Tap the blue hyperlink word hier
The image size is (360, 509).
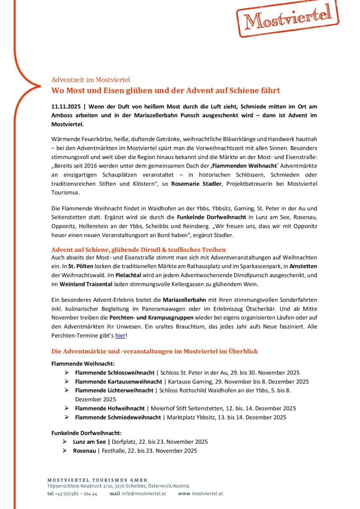coord(120,336)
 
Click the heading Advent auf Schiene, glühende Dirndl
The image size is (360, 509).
coord(138,249)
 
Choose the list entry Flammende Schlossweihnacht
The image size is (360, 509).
coord(115,372)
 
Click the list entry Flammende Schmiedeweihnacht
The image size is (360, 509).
coord(118,417)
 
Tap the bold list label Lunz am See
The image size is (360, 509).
coord(90,442)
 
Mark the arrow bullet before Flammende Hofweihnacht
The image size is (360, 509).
coord(67,408)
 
